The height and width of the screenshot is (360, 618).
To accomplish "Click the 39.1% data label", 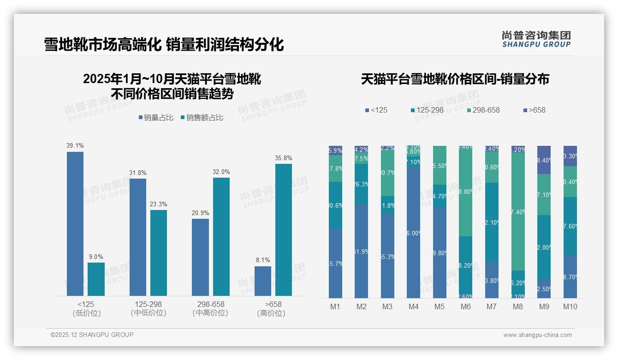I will pyautogui.click(x=75, y=145).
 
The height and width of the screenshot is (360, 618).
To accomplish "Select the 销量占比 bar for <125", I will pyautogui.click(x=75, y=224).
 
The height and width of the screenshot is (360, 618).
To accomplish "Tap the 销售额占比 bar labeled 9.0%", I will pyautogui.click(x=96, y=279).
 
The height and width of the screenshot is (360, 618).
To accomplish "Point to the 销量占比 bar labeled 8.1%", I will pyautogui.click(x=263, y=281).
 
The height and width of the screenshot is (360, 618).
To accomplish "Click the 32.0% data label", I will pyautogui.click(x=221, y=172).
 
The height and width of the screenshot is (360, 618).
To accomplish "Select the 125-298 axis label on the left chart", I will pyautogui.click(x=148, y=304).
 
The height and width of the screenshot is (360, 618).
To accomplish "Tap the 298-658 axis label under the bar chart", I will pyautogui.click(x=211, y=304).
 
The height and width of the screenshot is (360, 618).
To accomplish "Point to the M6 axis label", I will pyautogui.click(x=466, y=306).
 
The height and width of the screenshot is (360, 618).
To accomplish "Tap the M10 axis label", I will pyautogui.click(x=570, y=306).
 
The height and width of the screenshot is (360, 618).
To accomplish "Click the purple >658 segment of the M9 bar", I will pyautogui.click(x=544, y=160).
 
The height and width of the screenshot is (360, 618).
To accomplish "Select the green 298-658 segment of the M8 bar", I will pyautogui.click(x=518, y=211).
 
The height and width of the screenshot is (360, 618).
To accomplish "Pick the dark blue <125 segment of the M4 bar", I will pyautogui.click(x=414, y=233).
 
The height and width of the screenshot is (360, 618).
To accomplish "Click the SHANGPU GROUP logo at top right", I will pyautogui.click(x=536, y=39).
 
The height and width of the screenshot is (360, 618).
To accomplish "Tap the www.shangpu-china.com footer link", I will pyautogui.click(x=537, y=335).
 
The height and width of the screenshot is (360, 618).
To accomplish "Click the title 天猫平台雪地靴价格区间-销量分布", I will pyautogui.click(x=455, y=79).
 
